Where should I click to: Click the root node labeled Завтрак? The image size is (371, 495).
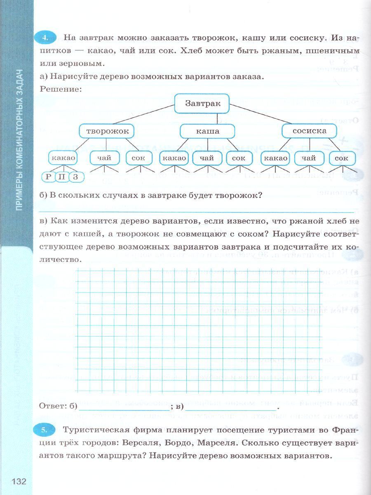203,104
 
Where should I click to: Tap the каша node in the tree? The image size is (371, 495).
208,132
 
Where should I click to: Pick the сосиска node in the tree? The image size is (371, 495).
309,131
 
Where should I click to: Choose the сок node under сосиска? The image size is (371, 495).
341,158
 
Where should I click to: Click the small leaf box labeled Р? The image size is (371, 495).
49,177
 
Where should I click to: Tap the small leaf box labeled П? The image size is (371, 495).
62,177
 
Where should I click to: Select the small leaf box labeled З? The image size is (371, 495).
75,177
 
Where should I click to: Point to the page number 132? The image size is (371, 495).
19,482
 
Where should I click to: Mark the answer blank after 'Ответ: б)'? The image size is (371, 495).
124,407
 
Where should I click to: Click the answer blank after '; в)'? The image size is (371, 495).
230,407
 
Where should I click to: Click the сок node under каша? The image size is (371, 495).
239,158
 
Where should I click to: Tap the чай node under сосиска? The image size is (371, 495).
308,158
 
